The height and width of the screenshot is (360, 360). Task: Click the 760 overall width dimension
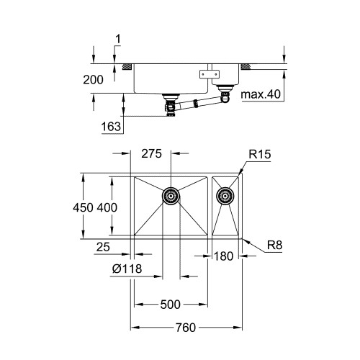click(x=186, y=328)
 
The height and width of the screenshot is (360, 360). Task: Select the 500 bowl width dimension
click(x=170, y=305)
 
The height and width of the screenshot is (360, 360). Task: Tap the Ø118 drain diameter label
click(x=127, y=269)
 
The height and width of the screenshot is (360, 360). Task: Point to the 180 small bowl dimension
click(x=223, y=256)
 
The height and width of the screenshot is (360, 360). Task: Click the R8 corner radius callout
click(x=275, y=246)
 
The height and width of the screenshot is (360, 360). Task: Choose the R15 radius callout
click(x=260, y=154)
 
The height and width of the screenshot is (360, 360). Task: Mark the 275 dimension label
click(x=151, y=153)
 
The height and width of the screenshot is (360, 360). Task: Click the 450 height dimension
click(x=83, y=207)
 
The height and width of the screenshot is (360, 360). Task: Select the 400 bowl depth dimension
click(x=107, y=207)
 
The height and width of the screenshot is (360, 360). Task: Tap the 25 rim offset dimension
click(x=103, y=247)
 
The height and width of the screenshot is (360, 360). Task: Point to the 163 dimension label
click(x=111, y=127)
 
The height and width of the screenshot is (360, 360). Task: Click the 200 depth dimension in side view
click(x=94, y=80)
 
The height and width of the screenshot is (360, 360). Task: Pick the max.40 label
click(x=261, y=94)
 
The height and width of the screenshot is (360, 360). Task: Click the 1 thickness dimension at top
click(x=118, y=40)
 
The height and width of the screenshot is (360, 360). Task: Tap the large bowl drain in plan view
click(x=171, y=196)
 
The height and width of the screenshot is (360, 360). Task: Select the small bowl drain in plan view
click(x=225, y=196)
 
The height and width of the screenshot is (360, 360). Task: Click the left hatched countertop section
click(x=127, y=67)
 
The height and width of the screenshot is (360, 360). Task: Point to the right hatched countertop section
click(x=246, y=67)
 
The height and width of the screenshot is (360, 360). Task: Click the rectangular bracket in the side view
click(x=210, y=73)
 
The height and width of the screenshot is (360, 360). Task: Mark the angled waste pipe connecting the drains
click(x=199, y=103)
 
